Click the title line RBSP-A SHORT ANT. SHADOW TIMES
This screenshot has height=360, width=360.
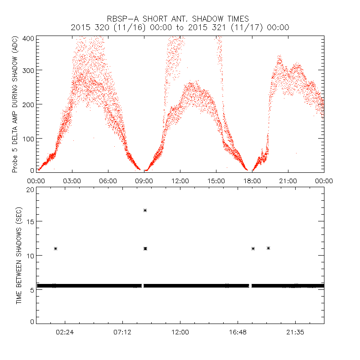(180, 19)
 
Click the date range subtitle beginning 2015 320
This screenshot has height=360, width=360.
(180, 27)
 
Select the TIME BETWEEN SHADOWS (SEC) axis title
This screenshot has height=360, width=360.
(19, 255)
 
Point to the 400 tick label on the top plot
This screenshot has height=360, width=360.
(28, 38)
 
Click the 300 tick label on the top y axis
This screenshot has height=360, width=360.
(28, 70)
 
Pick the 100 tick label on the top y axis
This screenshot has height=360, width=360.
(28, 139)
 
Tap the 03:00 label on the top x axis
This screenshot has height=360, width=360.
(72, 180)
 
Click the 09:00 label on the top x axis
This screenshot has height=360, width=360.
(144, 180)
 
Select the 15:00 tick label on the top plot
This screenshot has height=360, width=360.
(216, 180)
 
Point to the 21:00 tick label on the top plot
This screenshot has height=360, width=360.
(288, 180)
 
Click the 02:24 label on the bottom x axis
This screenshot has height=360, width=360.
(65, 332)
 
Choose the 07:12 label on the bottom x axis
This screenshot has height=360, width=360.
(122, 332)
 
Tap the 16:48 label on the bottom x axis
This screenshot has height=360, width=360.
(238, 332)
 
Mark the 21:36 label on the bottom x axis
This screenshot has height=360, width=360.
(295, 332)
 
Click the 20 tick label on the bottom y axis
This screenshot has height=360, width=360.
(30, 189)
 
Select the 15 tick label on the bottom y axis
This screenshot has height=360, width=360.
(30, 221)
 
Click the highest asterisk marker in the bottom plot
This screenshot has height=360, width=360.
(145, 210)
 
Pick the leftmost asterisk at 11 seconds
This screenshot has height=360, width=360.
(55, 248)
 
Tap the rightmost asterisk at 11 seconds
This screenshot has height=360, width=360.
(269, 248)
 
